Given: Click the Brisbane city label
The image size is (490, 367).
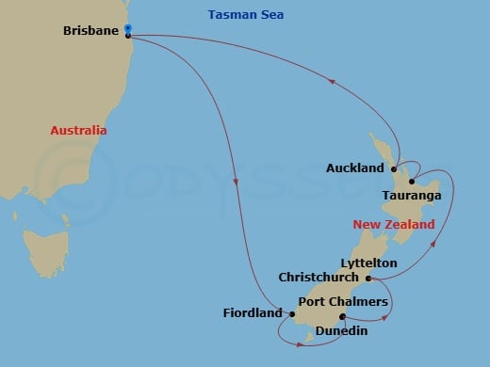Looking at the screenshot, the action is coord(90,31).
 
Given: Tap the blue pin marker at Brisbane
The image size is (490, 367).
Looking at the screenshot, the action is coord(127,29).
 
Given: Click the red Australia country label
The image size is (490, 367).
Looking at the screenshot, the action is coord(78,131).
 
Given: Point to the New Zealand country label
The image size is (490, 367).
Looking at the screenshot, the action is coord(394,225).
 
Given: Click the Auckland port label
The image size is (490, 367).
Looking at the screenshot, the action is coord(354,168).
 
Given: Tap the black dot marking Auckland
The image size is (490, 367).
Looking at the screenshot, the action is coord(393,169).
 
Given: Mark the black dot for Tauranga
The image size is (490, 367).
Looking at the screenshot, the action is coord(412,182).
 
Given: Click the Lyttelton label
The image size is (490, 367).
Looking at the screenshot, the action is coord(369,263).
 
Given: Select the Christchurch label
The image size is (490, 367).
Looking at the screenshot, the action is coord(318,278).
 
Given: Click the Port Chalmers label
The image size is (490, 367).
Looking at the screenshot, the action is coord(343,301).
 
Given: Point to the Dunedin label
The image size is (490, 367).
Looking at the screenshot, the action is coord(342,331).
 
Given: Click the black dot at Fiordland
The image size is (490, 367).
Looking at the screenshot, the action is coord(280,313).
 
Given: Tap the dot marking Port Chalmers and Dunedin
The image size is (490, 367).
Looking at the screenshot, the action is coord(342,316).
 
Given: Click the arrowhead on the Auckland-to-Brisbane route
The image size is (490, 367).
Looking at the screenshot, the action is coord(332,84).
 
